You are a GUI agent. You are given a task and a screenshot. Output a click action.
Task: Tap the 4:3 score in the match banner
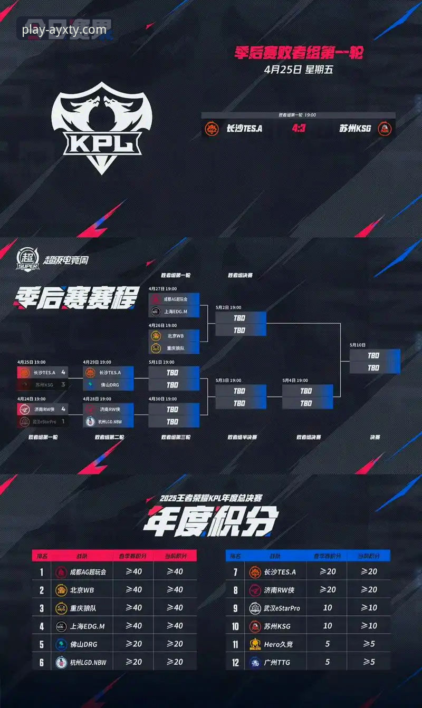[x=299, y=128]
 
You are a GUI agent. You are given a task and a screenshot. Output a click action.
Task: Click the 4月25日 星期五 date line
[x=299, y=69]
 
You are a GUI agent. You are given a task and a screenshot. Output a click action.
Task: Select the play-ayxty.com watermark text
[x=64, y=30]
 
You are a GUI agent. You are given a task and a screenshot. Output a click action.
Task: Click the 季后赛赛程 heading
[x=78, y=298]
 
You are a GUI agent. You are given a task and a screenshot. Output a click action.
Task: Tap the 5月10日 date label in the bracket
[x=357, y=345]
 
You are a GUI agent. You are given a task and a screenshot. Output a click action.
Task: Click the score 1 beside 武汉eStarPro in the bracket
[x=63, y=422]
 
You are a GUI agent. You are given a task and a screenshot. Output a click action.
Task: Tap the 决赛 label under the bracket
[x=375, y=437]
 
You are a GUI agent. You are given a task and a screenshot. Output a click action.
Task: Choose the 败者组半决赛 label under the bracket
[x=242, y=437]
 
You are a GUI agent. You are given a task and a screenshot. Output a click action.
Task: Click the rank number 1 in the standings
[x=42, y=571]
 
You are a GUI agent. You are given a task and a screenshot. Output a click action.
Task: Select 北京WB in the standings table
[x=82, y=590]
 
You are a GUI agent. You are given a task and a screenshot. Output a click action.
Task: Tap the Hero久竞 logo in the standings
[x=255, y=644]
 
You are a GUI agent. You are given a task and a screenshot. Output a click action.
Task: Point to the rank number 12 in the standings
[x=236, y=662]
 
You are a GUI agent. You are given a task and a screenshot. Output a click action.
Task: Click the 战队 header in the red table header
[x=82, y=556]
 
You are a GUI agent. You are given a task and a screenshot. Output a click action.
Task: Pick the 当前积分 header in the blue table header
[x=368, y=556]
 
